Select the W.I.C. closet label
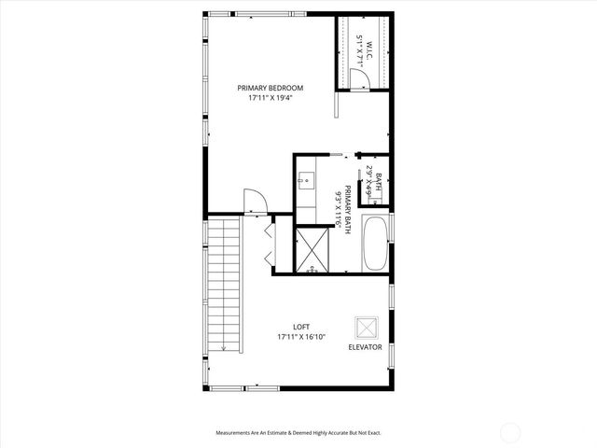pyautogui.click(x=368, y=51)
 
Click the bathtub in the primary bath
pyautogui.click(x=375, y=244)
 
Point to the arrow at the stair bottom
pyautogui.click(x=224, y=346)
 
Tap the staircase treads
pyautogui.click(x=223, y=280)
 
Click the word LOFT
pyautogui.click(x=301, y=327)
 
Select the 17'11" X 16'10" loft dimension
pyautogui.click(x=301, y=336)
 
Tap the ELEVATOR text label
pyautogui.click(x=365, y=346)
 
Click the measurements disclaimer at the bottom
pyautogui.click(x=298, y=432)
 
